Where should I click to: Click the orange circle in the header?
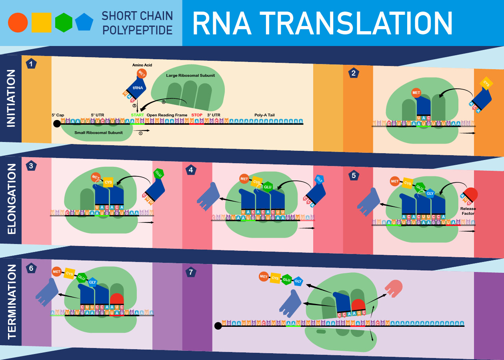click(18, 23)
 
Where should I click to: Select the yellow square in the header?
click(42, 23)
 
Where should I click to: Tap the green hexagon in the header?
click(64, 23)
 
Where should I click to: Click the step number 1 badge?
click(31, 63)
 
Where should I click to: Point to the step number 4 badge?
click(191, 170)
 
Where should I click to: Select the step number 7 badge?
click(191, 272)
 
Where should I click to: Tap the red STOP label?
click(197, 115)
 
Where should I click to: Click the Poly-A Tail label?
click(264, 115)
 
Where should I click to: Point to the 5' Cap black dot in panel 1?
click(57, 124)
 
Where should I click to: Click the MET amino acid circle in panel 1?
click(142, 74)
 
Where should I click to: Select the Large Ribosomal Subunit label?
click(190, 76)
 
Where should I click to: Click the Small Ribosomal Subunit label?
click(98, 133)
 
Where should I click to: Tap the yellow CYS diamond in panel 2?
click(486, 84)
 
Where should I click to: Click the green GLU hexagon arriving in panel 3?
click(159, 174)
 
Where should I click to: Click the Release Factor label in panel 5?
click(468, 211)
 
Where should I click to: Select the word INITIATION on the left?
click(11, 98)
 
